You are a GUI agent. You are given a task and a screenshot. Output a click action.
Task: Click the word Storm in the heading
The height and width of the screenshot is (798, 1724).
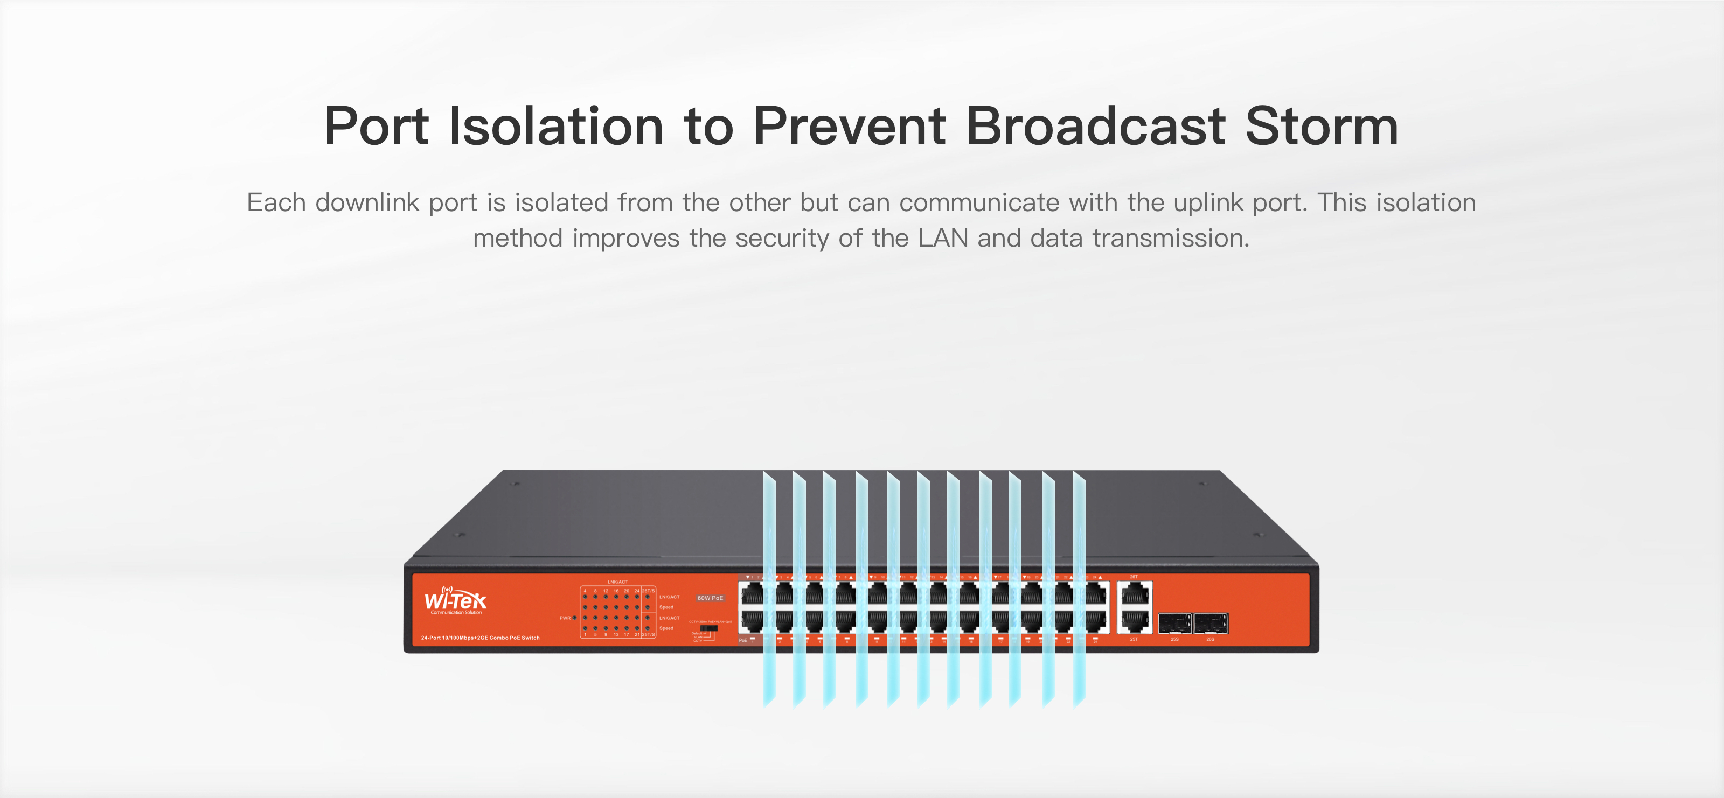click(1321, 127)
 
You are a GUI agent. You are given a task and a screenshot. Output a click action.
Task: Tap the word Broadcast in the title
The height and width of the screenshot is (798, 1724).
click(1096, 127)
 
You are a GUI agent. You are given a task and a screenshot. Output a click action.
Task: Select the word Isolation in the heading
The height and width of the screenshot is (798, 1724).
click(555, 127)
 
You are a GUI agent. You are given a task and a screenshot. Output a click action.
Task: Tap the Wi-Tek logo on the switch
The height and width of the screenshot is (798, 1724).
click(456, 599)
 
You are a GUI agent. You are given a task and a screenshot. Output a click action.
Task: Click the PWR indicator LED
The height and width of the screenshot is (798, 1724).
click(575, 618)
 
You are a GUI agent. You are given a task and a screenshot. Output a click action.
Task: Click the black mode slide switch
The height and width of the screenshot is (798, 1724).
click(708, 628)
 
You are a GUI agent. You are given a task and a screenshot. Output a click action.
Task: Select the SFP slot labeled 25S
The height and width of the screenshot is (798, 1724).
click(1174, 624)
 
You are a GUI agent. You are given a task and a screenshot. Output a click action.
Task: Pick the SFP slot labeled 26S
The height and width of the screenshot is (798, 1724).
click(1211, 624)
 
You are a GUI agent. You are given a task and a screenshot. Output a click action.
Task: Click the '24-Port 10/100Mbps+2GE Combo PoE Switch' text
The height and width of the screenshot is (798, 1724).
click(480, 638)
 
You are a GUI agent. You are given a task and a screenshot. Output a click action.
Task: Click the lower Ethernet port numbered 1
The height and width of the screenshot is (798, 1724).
click(752, 621)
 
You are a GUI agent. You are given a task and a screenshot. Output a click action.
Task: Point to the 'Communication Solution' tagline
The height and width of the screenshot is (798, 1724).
click(456, 613)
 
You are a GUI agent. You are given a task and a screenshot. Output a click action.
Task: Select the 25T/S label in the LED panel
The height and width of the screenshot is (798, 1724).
click(648, 634)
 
